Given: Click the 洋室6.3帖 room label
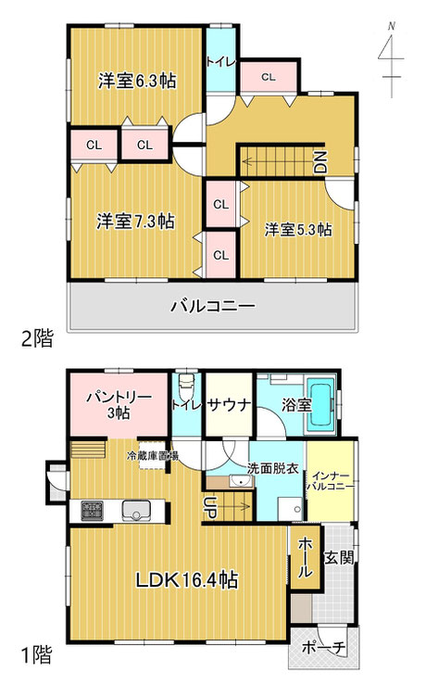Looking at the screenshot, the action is (x=137, y=81).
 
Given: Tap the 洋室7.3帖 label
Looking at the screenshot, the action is (x=136, y=222).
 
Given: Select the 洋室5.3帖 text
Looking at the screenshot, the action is (x=297, y=229).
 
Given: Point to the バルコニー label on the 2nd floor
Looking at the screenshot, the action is (x=213, y=305).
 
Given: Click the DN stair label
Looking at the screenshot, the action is (x=320, y=161).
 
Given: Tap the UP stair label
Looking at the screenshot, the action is (x=209, y=507).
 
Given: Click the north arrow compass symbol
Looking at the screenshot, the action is (x=391, y=60).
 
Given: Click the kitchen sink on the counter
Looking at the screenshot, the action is (x=136, y=511).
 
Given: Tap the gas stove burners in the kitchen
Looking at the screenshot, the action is (x=92, y=511).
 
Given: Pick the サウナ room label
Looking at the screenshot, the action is (x=229, y=405).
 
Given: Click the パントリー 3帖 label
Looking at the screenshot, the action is (x=119, y=405).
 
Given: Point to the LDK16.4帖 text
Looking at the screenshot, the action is (x=187, y=580).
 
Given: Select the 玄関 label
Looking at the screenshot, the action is (x=339, y=557).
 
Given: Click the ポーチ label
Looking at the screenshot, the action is (x=324, y=647).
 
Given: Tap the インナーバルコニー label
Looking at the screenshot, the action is (x=331, y=480).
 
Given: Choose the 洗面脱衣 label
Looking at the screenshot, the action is (x=273, y=468).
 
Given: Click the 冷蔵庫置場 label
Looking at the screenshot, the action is (x=152, y=456).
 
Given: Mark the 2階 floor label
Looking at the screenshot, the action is (x=37, y=338).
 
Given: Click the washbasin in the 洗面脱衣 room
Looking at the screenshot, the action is (x=241, y=482).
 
